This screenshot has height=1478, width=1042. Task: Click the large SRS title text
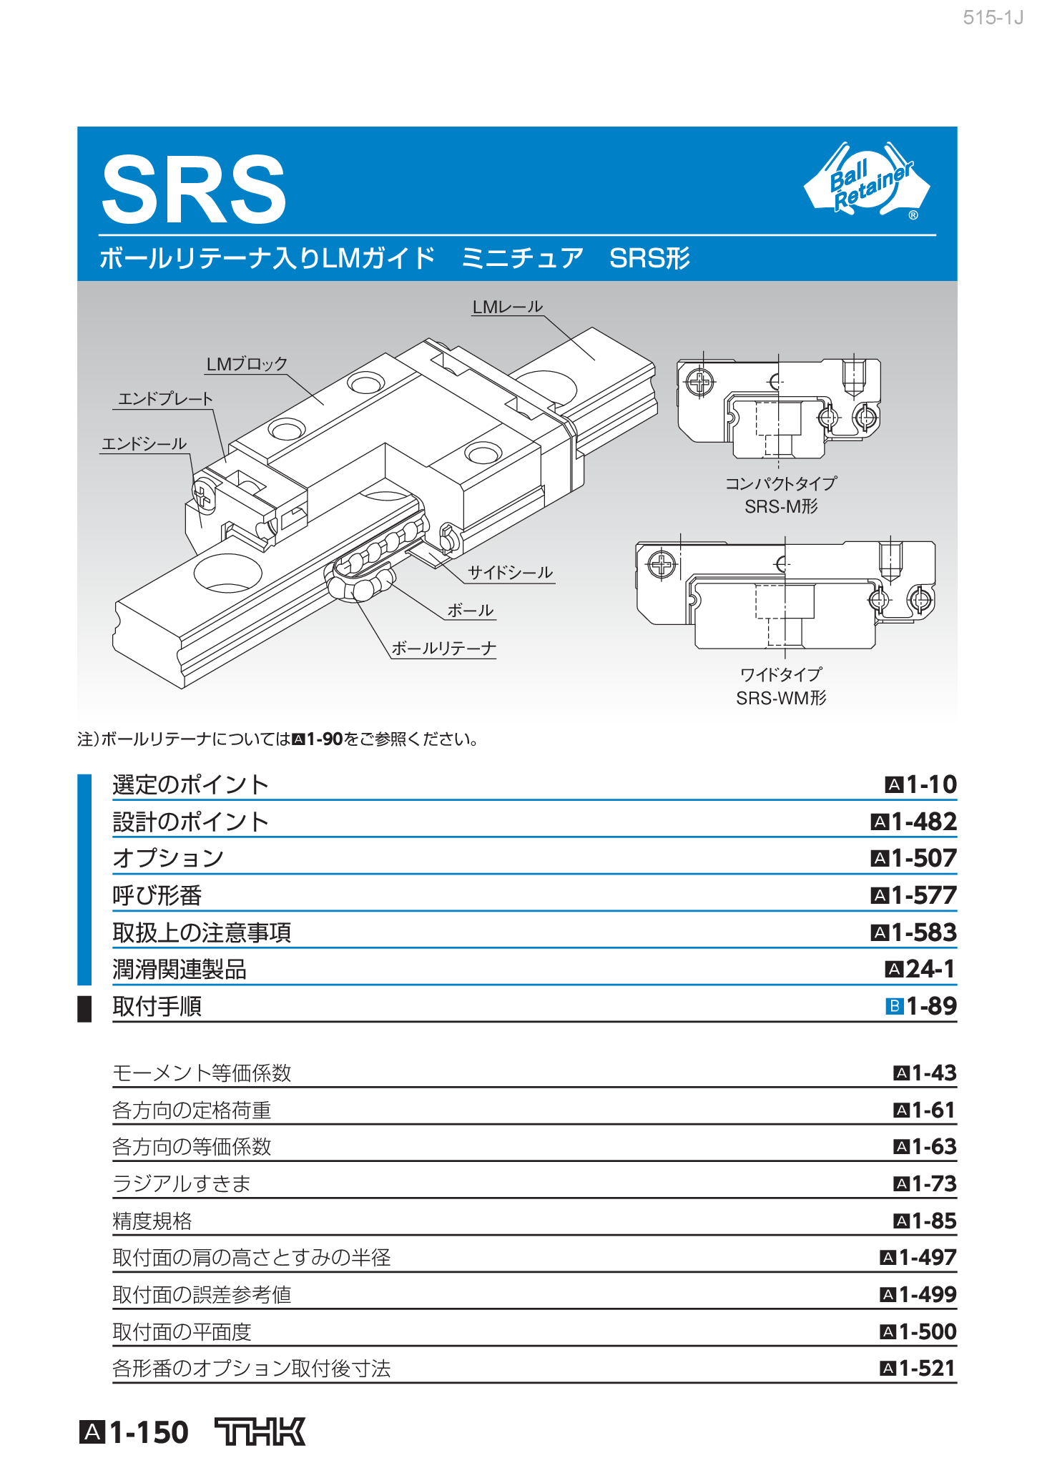tap(194, 190)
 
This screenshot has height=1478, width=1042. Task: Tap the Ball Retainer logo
tap(867, 181)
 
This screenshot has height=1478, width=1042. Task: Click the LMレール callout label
tap(507, 307)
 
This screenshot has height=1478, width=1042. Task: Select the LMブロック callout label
tap(247, 365)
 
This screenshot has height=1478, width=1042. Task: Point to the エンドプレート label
tap(165, 399)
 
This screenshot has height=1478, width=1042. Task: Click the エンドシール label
tap(144, 444)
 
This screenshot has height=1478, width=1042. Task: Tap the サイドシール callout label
tap(510, 573)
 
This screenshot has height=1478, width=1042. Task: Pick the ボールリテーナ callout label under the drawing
tap(443, 649)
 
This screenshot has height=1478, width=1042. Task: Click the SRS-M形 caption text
tap(781, 507)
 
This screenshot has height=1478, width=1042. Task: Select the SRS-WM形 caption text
tap(781, 698)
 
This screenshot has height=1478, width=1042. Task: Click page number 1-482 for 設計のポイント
tap(923, 822)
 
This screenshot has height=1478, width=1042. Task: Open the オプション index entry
tap(168, 858)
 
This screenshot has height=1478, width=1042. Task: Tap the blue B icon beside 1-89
tap(894, 1007)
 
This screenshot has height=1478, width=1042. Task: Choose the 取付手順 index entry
tap(157, 1007)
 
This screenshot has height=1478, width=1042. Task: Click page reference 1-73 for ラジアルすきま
tap(933, 1184)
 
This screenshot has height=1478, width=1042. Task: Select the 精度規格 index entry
tap(152, 1221)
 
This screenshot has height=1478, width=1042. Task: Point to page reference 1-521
tap(927, 1369)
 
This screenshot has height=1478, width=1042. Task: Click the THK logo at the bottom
tap(260, 1432)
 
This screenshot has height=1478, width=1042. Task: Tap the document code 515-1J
tap(993, 18)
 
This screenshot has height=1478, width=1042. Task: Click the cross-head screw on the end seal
tap(203, 493)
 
